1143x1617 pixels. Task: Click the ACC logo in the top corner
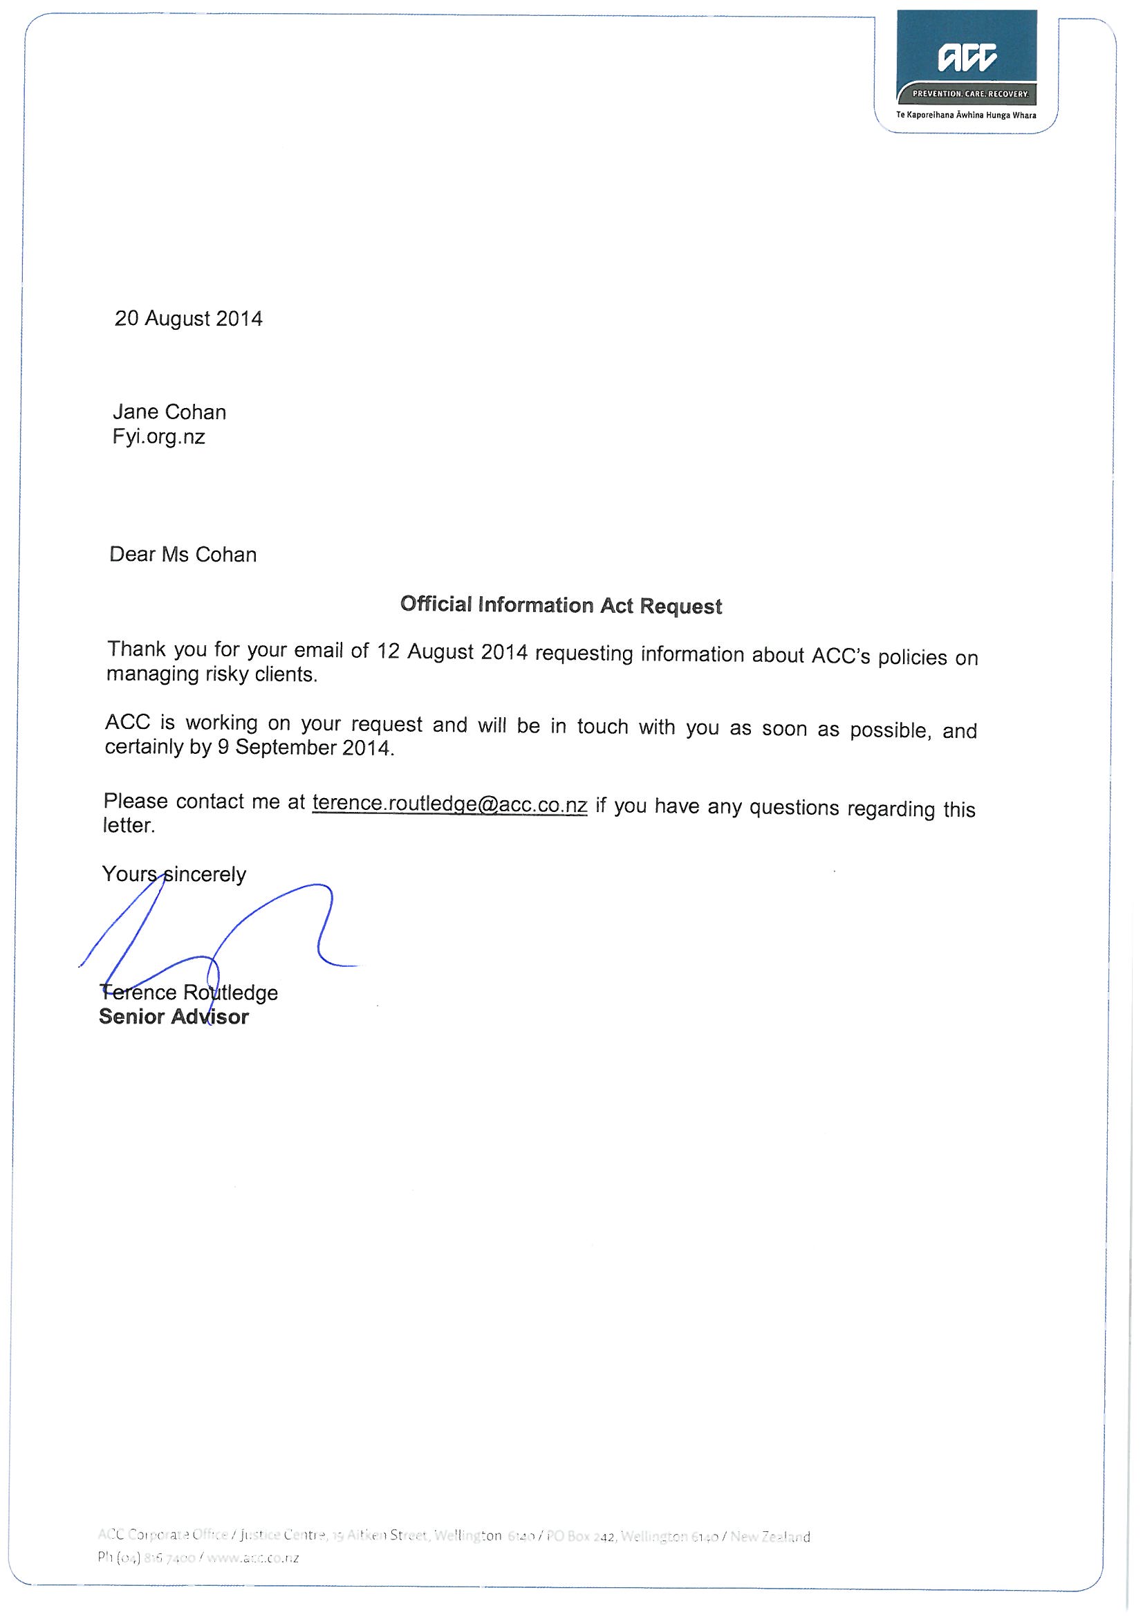point(967,58)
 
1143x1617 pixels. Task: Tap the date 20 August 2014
point(188,319)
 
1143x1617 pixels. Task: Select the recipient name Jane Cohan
point(169,412)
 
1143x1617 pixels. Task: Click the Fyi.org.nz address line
point(158,437)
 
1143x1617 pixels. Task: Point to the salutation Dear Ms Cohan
point(183,555)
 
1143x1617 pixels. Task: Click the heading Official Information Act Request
point(561,606)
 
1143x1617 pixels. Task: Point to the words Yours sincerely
point(174,875)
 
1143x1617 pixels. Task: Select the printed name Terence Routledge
point(189,993)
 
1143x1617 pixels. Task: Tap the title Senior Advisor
point(174,1017)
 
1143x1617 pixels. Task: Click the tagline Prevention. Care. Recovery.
point(969,93)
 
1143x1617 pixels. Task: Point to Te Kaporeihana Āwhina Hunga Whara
point(965,115)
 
